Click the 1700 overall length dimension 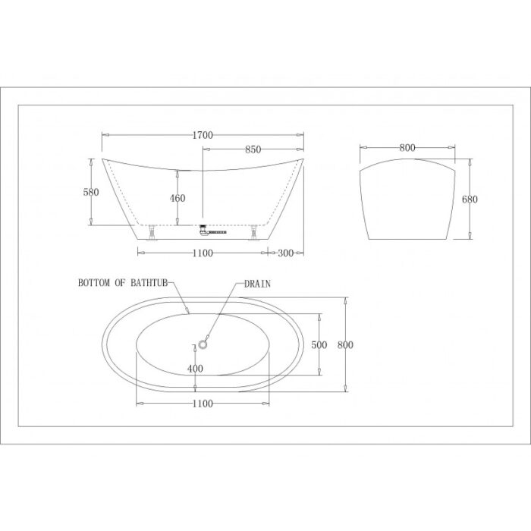click(203, 136)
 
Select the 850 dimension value click(253, 149)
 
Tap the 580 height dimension click(91, 193)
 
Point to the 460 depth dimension click(178, 198)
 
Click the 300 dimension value click(285, 253)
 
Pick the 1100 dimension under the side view click(203, 253)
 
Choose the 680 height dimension click(470, 200)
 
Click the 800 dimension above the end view click(407, 148)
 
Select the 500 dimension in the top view click(319, 345)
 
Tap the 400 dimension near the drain click(195, 369)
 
